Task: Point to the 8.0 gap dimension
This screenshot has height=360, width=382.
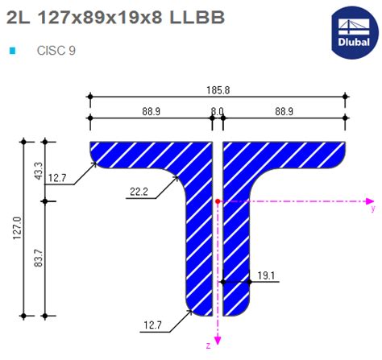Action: [217, 110]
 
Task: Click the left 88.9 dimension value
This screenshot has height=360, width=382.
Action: [148, 110]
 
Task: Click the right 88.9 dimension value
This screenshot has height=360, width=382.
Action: [284, 110]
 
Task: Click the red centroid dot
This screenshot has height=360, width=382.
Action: [218, 200]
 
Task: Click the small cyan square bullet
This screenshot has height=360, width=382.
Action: [12, 50]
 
